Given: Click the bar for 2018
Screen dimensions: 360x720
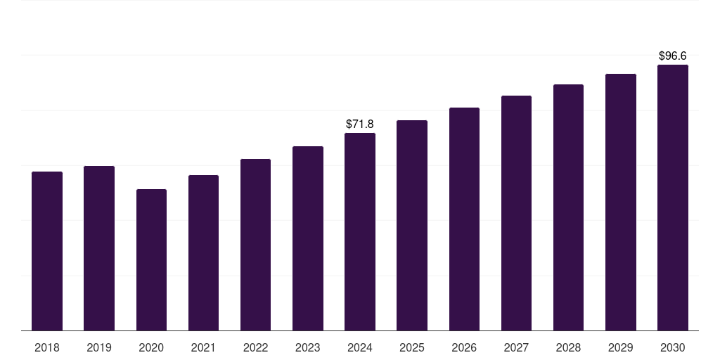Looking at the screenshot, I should [47, 251].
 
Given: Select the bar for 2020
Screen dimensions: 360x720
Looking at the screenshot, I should [151, 259].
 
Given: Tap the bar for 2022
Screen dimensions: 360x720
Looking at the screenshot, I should [255, 245].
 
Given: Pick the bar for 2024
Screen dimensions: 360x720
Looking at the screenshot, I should [360, 231].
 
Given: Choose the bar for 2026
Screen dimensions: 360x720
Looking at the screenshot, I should [464, 219].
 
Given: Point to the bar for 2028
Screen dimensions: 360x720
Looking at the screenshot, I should [568, 207].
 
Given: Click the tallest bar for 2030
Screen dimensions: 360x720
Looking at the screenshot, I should [673, 198].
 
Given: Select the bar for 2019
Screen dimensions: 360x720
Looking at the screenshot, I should [99, 248].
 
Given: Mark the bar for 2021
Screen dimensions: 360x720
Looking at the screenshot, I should [203, 252].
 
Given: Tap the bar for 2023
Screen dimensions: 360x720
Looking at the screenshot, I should [308, 238].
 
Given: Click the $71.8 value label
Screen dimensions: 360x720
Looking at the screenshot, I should [360, 124].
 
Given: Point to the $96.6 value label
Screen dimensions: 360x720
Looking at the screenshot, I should [673, 56].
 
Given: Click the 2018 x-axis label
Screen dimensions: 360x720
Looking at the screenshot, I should [47, 347].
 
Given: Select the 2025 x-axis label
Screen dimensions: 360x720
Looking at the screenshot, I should [412, 347].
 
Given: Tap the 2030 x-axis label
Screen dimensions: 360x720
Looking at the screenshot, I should [673, 347].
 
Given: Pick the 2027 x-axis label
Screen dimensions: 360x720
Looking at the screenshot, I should [516, 347].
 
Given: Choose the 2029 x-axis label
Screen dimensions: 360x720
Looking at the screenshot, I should [621, 347].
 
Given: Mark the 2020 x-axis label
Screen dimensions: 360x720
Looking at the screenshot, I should [151, 347].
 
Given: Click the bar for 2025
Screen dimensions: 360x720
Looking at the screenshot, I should [412, 225].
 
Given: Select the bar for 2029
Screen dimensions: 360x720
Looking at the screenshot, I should [621, 202].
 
